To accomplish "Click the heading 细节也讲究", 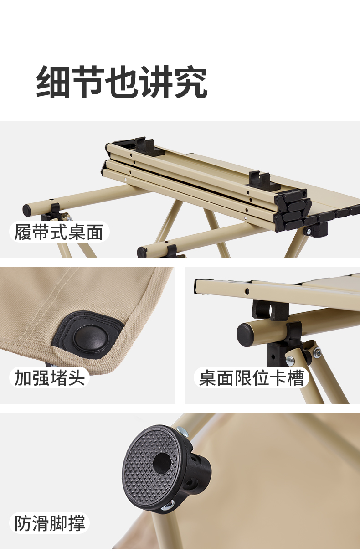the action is click(x=122, y=82).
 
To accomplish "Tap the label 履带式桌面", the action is click(x=59, y=232).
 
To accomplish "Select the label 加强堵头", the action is click(x=50, y=377).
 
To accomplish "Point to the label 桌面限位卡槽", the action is click(x=252, y=377).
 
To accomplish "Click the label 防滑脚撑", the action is click(x=50, y=523).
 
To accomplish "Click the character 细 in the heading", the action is click(x=53, y=82).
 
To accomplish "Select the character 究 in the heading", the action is click(x=190, y=82).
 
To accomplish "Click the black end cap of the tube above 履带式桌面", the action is click(x=27, y=210).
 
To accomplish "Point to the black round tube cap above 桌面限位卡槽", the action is click(x=245, y=335).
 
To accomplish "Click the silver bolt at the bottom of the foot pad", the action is click(x=168, y=504).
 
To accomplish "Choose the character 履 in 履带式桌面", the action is click(x=23, y=232).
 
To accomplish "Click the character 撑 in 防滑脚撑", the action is click(x=77, y=523).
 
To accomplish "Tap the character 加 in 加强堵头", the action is click(x=23, y=377).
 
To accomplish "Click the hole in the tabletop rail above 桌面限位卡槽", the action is click(x=247, y=291).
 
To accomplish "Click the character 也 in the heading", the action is click(x=122, y=82).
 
